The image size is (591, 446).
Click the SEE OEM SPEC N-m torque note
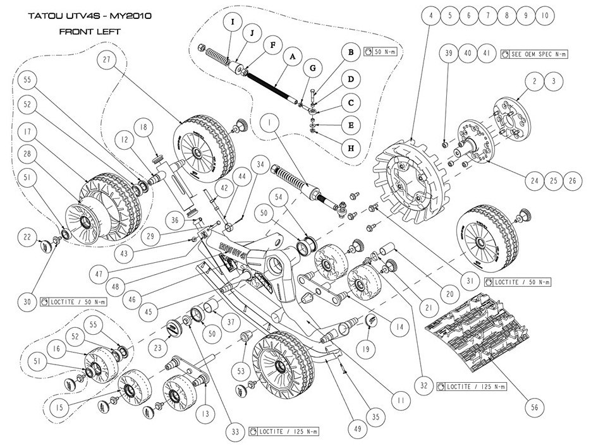[x=535, y=54]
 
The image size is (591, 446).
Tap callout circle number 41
[x=484, y=54]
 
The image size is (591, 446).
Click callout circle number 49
[x=358, y=429]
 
